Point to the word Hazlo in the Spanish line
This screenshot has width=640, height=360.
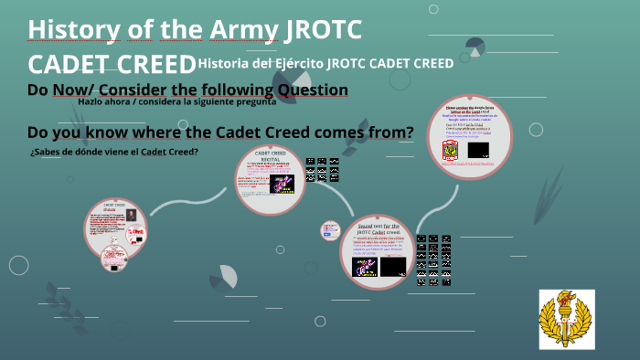coord(95,102)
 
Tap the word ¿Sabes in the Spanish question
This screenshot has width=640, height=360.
coord(46,151)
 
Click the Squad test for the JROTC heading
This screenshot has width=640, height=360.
coord(379,228)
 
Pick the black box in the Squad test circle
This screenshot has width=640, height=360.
coord(393,266)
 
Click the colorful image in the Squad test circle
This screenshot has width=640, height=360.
coord(365,267)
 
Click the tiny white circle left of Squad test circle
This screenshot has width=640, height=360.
coord(330,231)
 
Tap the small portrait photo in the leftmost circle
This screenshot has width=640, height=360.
coord(131,215)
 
